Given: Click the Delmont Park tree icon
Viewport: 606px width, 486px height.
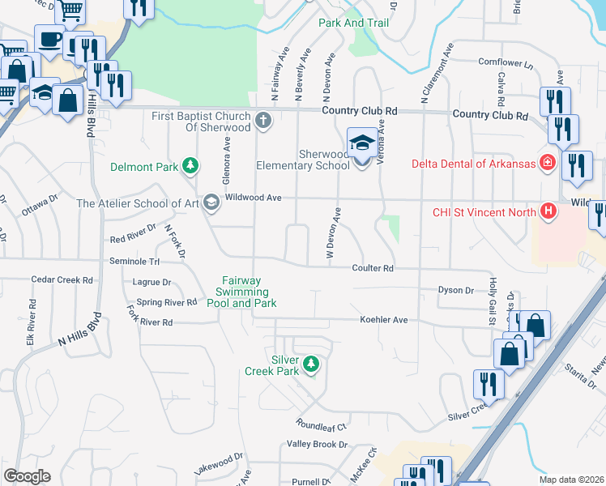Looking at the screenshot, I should tap(190, 167).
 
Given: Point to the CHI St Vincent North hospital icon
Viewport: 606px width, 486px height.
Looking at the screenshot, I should tap(549, 213).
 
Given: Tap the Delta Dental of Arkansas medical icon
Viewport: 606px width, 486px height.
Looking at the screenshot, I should tap(548, 163).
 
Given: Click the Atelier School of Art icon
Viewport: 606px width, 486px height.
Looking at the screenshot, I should tap(211, 202).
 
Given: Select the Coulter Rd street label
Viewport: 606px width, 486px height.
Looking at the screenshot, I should tap(372, 268).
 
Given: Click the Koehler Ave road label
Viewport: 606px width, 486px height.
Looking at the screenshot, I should tap(384, 320).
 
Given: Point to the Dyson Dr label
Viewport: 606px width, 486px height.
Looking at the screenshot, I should tap(455, 290).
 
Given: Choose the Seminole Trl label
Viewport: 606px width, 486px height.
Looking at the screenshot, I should tap(135, 262).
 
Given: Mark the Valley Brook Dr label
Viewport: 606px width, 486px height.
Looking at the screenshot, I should tap(317, 445).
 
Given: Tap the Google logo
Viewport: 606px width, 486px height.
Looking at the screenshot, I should tap(27, 476).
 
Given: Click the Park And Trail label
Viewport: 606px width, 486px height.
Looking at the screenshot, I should tap(353, 23).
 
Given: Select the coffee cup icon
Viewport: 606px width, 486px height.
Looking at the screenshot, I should tap(49, 38).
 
